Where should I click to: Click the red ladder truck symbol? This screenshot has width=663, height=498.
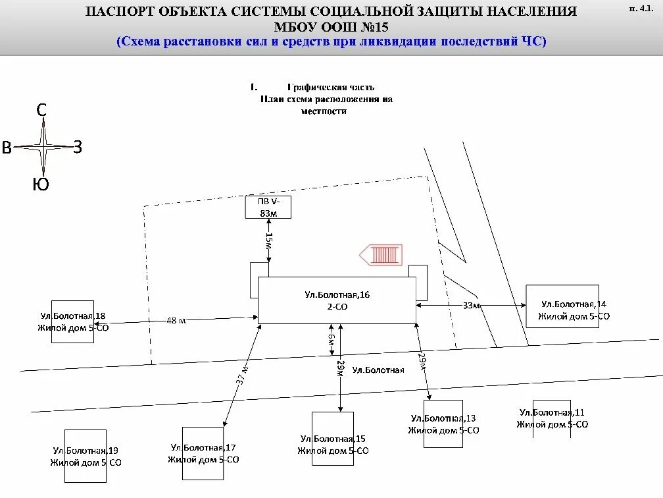[381, 255]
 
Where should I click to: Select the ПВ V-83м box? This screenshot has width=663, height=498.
[267, 207]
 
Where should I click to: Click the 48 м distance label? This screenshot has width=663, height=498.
[176, 320]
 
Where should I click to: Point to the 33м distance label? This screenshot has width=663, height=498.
[470, 306]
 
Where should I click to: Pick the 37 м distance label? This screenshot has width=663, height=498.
[241, 375]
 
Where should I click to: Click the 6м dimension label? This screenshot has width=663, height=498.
[333, 342]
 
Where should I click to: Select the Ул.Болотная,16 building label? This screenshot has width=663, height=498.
[337, 294]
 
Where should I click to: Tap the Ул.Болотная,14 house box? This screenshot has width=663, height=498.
[562, 306]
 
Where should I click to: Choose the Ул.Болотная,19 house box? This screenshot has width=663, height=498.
[86, 456]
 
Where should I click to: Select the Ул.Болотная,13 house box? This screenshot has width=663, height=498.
[443, 424]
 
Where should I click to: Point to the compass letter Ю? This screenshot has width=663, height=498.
[41, 185]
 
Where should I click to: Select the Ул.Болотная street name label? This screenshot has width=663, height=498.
[378, 370]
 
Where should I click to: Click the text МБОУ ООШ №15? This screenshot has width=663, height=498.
[331, 27]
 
